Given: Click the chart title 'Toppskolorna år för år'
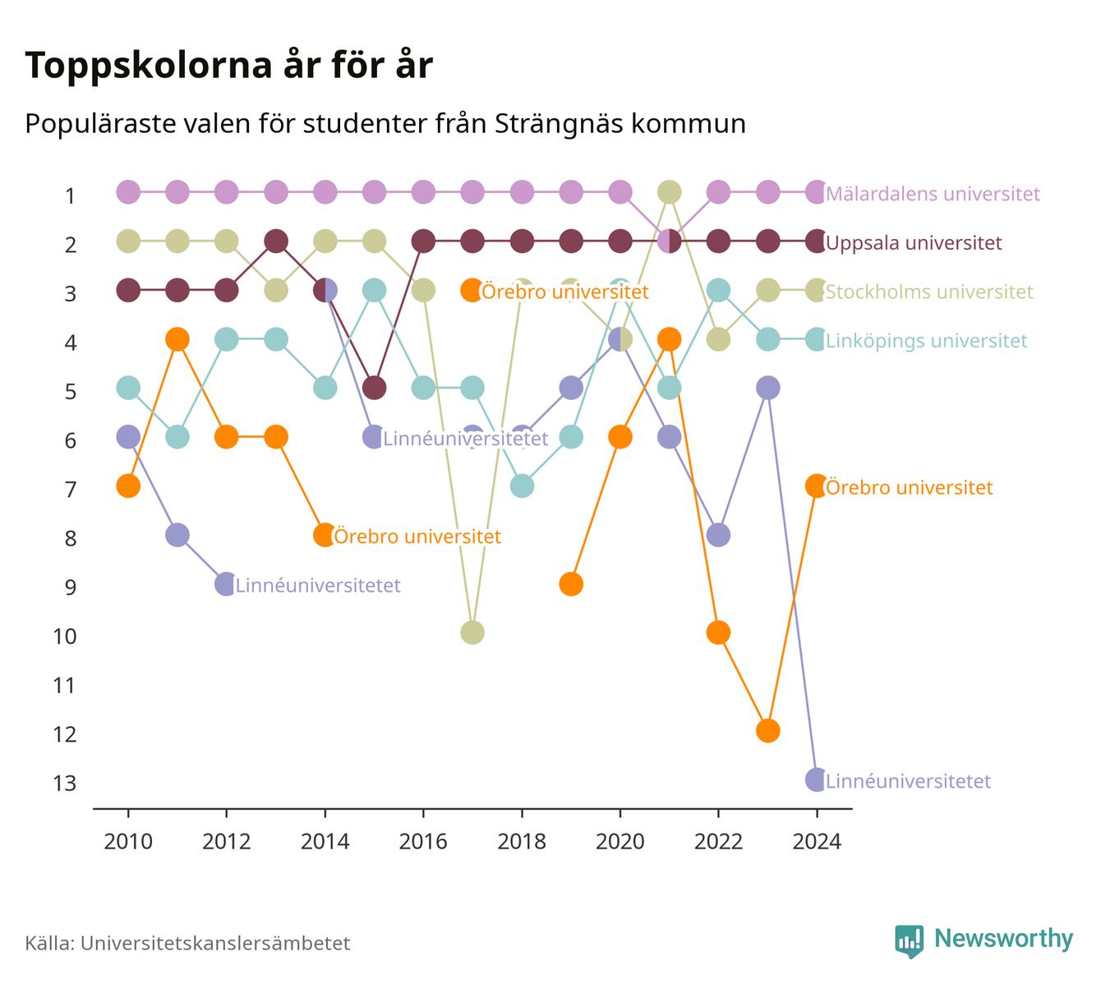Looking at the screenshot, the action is click(228, 66).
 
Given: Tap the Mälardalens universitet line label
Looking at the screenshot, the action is click(933, 193).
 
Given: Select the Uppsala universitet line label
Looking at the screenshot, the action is click(914, 242).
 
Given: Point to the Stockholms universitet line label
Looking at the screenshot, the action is click(928, 292).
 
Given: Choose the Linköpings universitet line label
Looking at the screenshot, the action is click(927, 341).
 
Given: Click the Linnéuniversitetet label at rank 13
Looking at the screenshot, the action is click(908, 781).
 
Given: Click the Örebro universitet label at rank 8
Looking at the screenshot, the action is click(417, 536).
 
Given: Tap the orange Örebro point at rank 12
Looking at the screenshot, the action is click(767, 731).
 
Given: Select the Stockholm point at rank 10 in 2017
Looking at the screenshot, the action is click(472, 632).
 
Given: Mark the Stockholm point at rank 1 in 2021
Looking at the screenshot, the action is click(669, 192).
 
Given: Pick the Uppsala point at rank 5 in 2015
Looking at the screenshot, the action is click(374, 388).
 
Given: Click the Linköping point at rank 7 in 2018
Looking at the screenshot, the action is click(522, 485).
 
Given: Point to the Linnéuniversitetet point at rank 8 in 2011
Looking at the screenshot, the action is click(177, 536).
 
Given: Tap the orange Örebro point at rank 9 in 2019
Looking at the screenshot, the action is click(570, 584).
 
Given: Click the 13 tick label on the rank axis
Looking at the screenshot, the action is click(65, 783).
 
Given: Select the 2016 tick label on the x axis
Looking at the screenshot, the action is click(423, 842).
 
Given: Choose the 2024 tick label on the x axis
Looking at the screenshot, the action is click(816, 842).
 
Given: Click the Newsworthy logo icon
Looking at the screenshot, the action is click(910, 941).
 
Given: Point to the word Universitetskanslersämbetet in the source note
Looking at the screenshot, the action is click(215, 943).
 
